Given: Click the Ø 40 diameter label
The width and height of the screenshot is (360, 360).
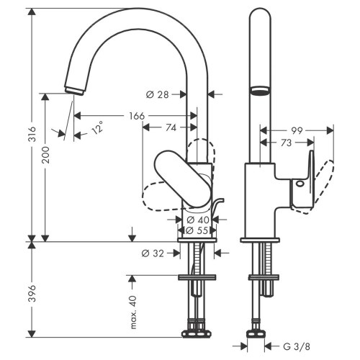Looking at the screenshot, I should tap(198, 220).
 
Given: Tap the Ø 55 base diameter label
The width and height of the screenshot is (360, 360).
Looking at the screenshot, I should tap(198, 231).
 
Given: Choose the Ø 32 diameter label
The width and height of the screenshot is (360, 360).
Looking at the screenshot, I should tap(153, 253).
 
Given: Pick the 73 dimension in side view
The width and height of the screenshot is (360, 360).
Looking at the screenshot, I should tap(285, 143).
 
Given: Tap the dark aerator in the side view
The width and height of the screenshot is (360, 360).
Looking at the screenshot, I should tap(259, 91).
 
